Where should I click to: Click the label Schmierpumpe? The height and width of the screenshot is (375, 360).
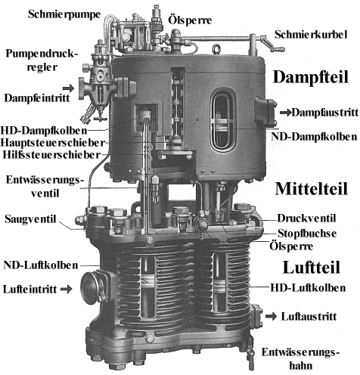(64, 14)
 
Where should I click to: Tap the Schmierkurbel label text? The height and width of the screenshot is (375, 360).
(311, 35)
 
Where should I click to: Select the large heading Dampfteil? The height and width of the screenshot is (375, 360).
(311, 77)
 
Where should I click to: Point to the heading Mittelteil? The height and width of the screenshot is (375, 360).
(312, 188)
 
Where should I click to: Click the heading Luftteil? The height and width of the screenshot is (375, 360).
(312, 267)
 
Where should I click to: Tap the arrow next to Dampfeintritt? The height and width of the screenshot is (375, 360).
(68, 88)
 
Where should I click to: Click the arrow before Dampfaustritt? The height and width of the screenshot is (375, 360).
(286, 113)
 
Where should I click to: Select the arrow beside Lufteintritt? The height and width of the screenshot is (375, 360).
(67, 289)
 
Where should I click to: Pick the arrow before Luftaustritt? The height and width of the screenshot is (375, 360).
(272, 316)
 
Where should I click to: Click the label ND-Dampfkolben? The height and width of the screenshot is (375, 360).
(314, 137)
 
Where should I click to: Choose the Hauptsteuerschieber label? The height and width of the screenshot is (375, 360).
(52, 143)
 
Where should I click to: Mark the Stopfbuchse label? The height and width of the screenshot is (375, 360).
(307, 234)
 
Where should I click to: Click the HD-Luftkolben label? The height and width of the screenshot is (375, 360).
(308, 288)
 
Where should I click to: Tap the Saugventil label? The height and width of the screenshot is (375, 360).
(30, 218)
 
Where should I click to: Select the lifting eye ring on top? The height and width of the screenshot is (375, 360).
(216, 49)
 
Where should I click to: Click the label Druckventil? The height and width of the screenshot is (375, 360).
(306, 218)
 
